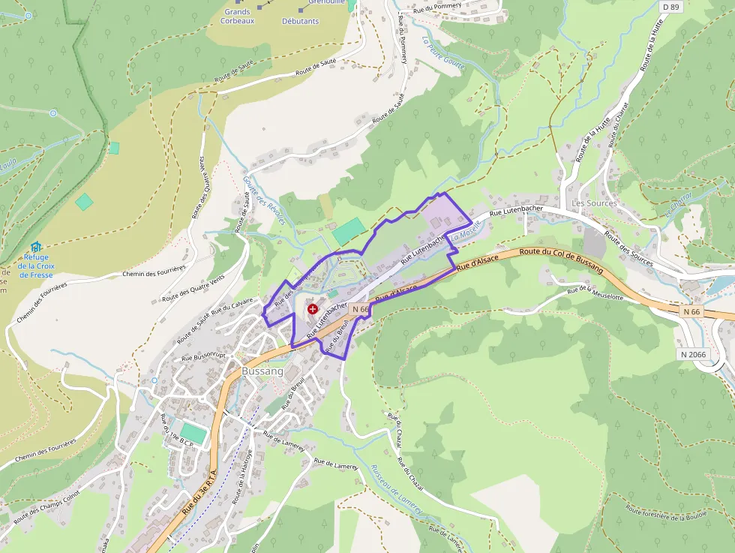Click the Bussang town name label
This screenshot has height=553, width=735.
(x=262, y=371)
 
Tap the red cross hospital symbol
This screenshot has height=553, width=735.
(x=313, y=309)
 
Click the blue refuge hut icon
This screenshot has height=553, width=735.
(x=36, y=246)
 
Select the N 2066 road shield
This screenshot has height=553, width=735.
(x=694, y=354)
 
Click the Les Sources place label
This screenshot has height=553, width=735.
(x=594, y=203)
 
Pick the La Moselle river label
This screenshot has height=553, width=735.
(x=465, y=236)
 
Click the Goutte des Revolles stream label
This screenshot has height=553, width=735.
(x=265, y=200)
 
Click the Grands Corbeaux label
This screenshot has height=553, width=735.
(x=237, y=17)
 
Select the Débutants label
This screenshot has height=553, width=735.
(x=300, y=21)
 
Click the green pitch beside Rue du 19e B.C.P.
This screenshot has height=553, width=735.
(x=193, y=434)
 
